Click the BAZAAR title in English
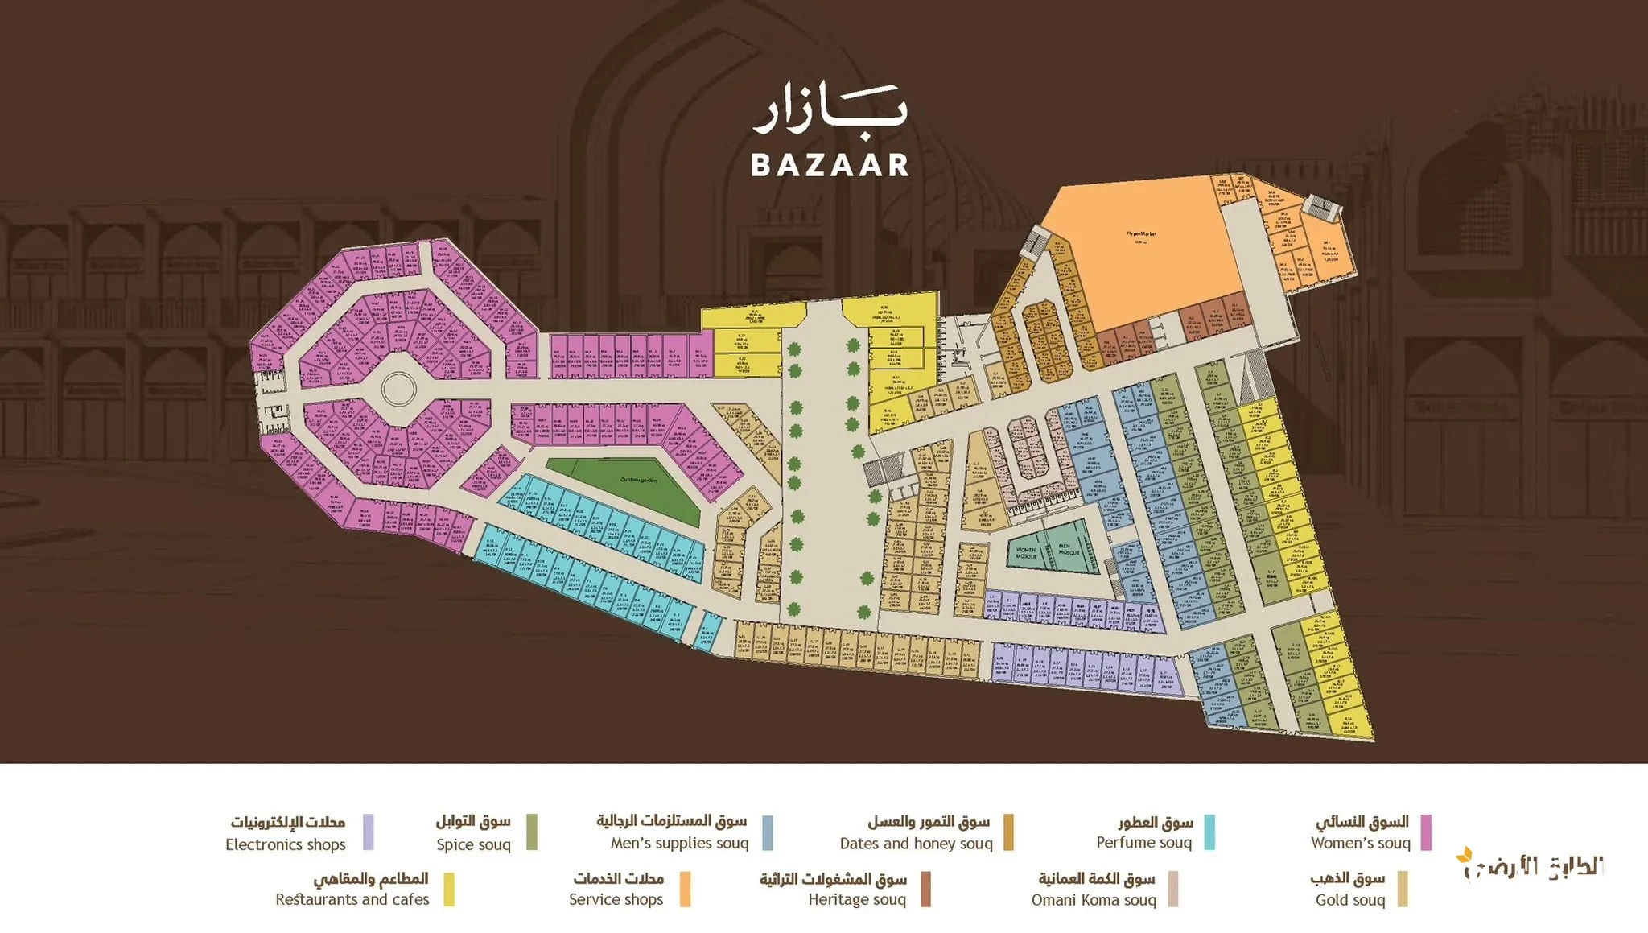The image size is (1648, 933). (x=830, y=165)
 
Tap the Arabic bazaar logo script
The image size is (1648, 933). (x=830, y=114)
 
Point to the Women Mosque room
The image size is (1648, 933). (x=1026, y=553)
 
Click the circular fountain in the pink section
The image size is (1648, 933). (x=398, y=390)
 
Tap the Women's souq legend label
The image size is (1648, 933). (x=1361, y=843)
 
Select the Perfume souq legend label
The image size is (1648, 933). (x=1143, y=842)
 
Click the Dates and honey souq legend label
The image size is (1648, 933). (x=916, y=843)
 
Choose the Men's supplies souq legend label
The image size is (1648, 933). (x=679, y=843)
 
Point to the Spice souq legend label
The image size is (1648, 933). (x=473, y=844)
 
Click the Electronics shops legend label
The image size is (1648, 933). (x=286, y=844)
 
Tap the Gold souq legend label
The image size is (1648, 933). (x=1350, y=899)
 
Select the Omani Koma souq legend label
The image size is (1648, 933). (x=1094, y=899)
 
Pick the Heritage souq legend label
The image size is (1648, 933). (x=857, y=899)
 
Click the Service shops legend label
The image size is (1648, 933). (x=616, y=899)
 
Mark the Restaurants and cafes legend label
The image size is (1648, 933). (x=352, y=899)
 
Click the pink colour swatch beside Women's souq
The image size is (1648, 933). (x=1426, y=832)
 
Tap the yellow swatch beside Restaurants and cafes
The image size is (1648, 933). (x=449, y=889)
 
